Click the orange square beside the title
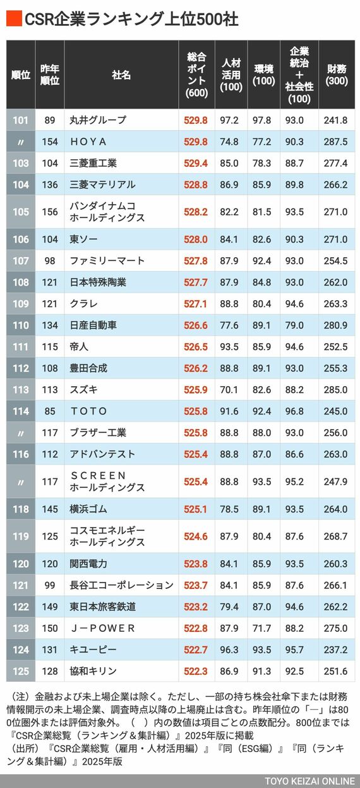[14, 19]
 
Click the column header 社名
[121, 75]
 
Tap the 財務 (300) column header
[337, 75]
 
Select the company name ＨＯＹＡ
[88, 142]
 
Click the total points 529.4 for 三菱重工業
[195, 163]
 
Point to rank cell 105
[21, 212]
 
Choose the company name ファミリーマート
[107, 261]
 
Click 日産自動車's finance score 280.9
[335, 325]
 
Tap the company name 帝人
[79, 346]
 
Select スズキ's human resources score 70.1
[229, 390]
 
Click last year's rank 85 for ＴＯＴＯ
[49, 411]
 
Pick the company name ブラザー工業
[98, 432]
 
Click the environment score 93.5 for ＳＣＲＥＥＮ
[261, 482]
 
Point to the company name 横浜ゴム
[88, 509]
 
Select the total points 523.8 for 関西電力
[195, 564]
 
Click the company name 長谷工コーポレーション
[121, 585]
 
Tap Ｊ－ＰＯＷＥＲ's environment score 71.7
[261, 628]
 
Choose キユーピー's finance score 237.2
[335, 650]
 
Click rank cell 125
[21, 671]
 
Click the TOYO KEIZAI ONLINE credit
[309, 781]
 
